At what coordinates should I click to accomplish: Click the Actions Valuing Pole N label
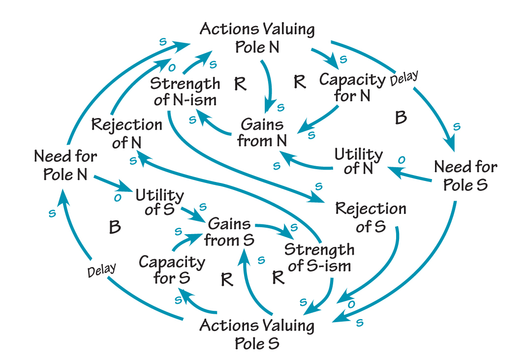257,38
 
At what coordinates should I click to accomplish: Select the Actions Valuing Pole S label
257,333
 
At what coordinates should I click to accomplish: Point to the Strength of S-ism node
319,257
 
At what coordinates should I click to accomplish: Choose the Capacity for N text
352,88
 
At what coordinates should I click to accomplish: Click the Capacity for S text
172,270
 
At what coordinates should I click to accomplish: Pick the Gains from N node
262,132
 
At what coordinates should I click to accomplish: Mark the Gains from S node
229,232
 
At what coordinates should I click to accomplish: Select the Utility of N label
358,161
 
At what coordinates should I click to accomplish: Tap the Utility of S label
160,202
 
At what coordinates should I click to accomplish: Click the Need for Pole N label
65,166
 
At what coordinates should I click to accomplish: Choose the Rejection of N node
126,133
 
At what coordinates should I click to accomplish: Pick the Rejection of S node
371,217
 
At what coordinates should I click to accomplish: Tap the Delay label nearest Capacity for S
101,270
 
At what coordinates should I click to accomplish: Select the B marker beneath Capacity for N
401,118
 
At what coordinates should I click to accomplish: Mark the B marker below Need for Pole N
115,227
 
